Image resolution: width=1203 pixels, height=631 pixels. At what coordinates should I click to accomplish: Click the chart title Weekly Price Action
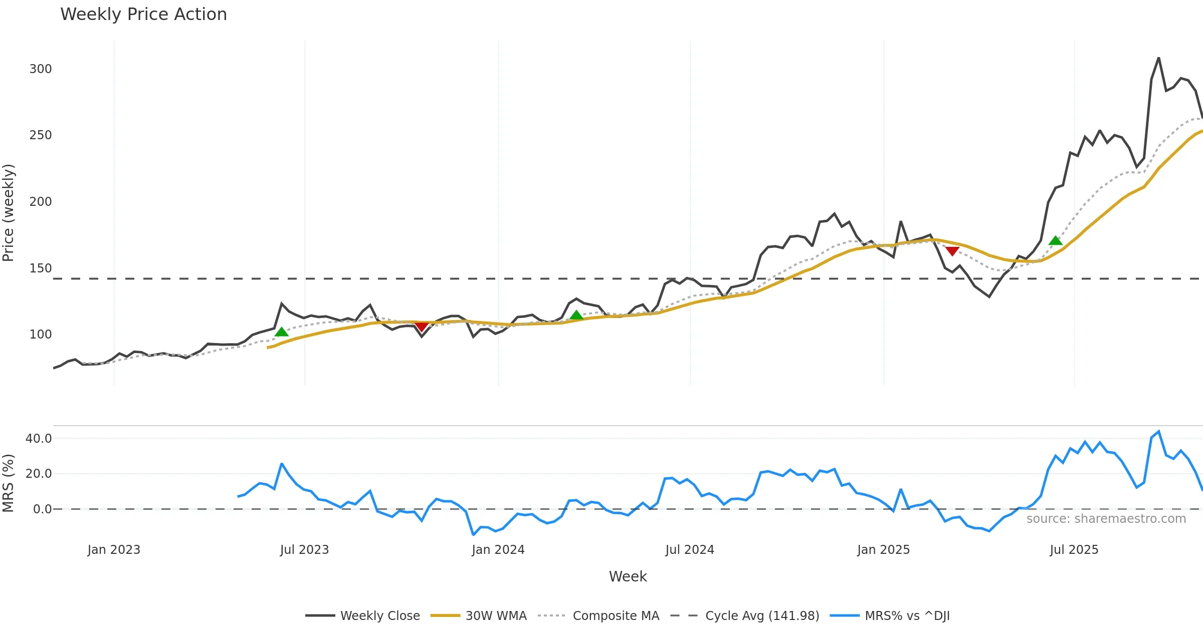click(143, 14)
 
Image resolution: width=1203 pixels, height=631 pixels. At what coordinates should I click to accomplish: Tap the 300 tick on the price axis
click(41, 69)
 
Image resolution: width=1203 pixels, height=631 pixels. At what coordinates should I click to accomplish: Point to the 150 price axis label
click(41, 268)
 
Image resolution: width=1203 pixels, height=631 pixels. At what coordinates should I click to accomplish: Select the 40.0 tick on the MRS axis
click(39, 438)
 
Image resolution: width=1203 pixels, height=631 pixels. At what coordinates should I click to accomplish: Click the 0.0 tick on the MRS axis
click(42, 509)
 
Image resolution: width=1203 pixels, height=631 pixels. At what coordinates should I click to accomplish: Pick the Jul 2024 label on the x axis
click(690, 549)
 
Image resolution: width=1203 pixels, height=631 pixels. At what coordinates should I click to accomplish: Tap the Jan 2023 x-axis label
click(114, 549)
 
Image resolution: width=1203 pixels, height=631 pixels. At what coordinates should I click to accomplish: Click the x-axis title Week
click(628, 576)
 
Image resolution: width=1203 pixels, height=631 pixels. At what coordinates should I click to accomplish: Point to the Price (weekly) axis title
click(9, 213)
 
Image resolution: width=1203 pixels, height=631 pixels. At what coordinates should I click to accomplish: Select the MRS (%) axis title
click(9, 483)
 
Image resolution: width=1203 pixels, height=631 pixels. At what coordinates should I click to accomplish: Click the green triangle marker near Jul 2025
click(1056, 241)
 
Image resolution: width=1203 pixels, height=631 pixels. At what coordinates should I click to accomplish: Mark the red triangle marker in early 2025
click(952, 251)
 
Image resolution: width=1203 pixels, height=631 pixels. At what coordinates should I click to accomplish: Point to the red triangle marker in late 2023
click(422, 327)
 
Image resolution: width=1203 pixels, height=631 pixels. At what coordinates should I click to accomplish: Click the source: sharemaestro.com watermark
click(1106, 518)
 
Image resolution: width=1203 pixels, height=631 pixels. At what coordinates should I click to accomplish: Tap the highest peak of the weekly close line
click(1158, 58)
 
